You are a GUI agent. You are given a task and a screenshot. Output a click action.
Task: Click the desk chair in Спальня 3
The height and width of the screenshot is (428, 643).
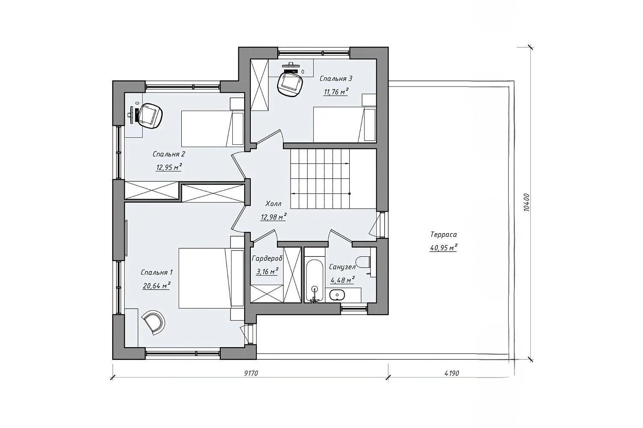289,84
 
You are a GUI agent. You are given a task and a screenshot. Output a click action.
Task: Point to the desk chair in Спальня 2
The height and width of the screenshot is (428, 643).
150,116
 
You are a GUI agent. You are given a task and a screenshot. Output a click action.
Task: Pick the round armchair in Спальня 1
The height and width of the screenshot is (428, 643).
154,323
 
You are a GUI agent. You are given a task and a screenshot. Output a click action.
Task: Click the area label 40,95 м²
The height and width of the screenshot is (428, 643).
443,248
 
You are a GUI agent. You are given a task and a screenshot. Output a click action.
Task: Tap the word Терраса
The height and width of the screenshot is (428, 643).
444,235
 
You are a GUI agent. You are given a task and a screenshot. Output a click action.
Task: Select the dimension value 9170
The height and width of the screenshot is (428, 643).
251,373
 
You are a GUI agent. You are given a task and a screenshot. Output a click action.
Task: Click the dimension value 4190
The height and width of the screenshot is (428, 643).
451,373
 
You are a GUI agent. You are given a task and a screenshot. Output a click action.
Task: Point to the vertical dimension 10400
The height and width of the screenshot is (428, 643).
526,202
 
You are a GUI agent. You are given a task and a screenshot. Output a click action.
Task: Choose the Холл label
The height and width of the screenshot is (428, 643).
273,204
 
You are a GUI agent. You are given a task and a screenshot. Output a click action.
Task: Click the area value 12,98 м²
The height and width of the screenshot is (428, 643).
273,217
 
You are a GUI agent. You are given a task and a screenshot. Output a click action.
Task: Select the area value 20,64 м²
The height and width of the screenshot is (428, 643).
156,285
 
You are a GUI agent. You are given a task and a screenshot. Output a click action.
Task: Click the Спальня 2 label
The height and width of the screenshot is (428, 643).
169,154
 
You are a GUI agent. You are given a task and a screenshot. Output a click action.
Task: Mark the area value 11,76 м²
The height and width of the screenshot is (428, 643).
336,92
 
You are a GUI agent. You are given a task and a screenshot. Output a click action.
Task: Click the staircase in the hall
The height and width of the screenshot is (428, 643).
333,178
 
